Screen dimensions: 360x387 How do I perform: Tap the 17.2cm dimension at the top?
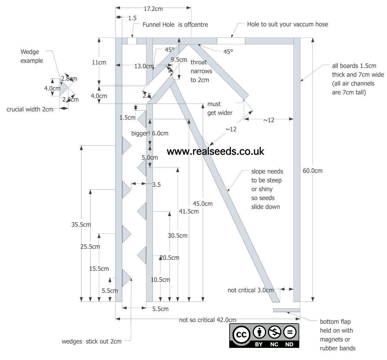tap(153, 9)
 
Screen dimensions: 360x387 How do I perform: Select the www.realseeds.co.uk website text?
tap(215, 151)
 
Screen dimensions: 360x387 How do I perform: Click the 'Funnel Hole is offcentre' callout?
tap(175, 25)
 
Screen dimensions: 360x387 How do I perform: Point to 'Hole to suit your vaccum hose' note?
tap(287, 24)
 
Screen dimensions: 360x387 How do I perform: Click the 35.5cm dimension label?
tap(81, 224)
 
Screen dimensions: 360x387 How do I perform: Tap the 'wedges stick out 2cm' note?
tap(92, 341)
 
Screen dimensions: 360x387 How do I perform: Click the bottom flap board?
tap(286, 310)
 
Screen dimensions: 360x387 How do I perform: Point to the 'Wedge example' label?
tap(32, 56)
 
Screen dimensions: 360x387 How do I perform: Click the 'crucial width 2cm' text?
tap(30, 109)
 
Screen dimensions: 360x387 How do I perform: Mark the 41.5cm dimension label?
tap(189, 211)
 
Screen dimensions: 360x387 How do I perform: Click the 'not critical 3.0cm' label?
tap(250, 290)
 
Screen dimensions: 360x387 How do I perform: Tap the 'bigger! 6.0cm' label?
tap(150, 134)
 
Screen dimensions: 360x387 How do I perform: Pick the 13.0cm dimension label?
tap(144, 66)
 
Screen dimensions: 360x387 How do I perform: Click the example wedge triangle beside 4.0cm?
tap(63, 88)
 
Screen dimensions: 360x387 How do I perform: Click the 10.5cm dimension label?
tap(160, 280)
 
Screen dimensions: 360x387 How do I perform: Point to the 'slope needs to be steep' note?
tap(267, 189)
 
